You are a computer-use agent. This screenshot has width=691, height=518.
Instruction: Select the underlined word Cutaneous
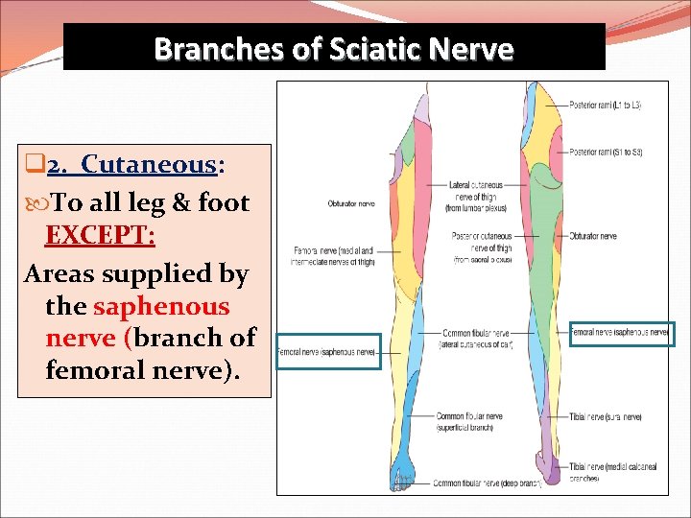tap(150, 164)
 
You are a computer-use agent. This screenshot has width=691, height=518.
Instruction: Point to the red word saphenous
tap(161, 306)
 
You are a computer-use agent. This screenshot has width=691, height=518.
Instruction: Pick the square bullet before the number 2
tap(32, 165)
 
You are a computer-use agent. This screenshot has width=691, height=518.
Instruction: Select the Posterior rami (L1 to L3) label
tap(606, 105)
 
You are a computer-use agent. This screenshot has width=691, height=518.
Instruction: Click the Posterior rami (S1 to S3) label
tap(606, 152)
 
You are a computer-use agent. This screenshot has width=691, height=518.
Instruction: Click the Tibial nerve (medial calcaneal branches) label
tap(605, 470)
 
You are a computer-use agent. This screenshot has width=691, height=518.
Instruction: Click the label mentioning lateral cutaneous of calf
tap(476, 339)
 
